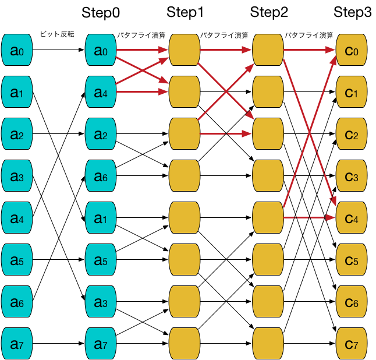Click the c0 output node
pyautogui.click(x=352, y=50)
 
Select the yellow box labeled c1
pyautogui.click(x=352, y=92)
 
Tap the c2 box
pyautogui.click(x=352, y=134)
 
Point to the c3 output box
pyautogui.click(x=352, y=176)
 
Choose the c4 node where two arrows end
pyautogui.click(x=352, y=218)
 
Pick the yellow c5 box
pyautogui.click(x=352, y=260)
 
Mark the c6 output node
pyautogui.click(x=352, y=302)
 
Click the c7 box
pyautogui.click(x=352, y=344)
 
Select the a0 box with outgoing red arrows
pyautogui.click(x=101, y=50)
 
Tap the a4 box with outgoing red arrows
pyautogui.click(x=101, y=92)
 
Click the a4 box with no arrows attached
pyautogui.click(x=17, y=218)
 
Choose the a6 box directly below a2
pyautogui.click(x=101, y=176)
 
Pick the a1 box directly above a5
pyautogui.click(x=101, y=218)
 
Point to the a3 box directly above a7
pyautogui.click(x=101, y=302)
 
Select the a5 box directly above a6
pyautogui.click(x=17, y=260)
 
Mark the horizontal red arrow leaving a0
pyautogui.click(x=142, y=50)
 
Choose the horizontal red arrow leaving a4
pyautogui.click(x=142, y=92)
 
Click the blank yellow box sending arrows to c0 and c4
pyautogui.click(x=268, y=218)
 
